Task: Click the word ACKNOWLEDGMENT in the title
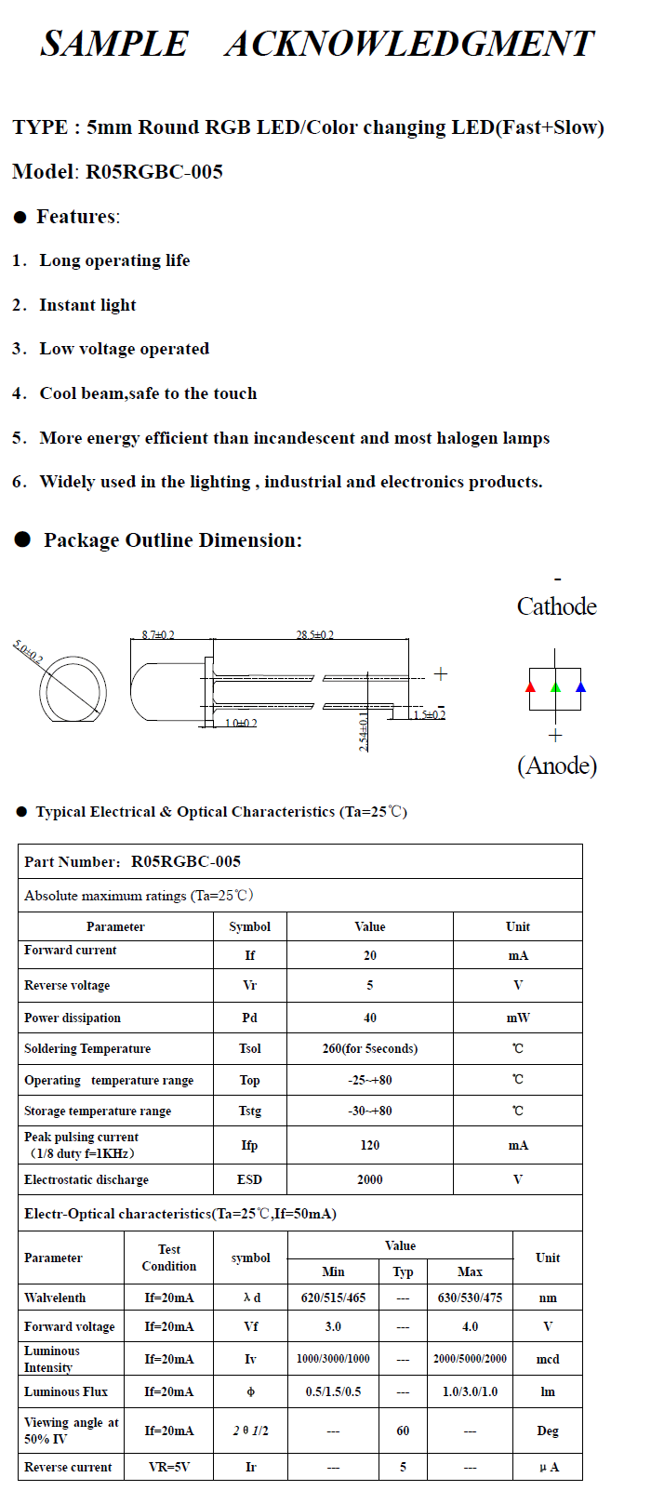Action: [408, 44]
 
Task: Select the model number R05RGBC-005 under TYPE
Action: [154, 172]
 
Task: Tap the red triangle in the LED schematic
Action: [530, 687]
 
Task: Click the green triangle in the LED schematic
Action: [555, 687]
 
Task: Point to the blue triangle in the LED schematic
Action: [580, 687]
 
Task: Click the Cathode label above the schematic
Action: [556, 606]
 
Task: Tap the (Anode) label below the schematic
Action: [556, 765]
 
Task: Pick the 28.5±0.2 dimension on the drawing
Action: [315, 635]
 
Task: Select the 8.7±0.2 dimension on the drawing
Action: [158, 635]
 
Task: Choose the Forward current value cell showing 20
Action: [370, 955]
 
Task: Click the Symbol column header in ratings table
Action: [249, 926]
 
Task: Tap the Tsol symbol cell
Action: [249, 1048]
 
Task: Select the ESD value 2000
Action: [370, 1179]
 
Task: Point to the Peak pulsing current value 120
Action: [370, 1146]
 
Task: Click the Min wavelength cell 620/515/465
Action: [333, 1298]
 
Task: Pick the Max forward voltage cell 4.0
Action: [470, 1326]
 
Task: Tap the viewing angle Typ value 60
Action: [403, 1431]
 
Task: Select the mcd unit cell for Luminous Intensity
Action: [548, 1359]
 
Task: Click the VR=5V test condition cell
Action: [169, 1467]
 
